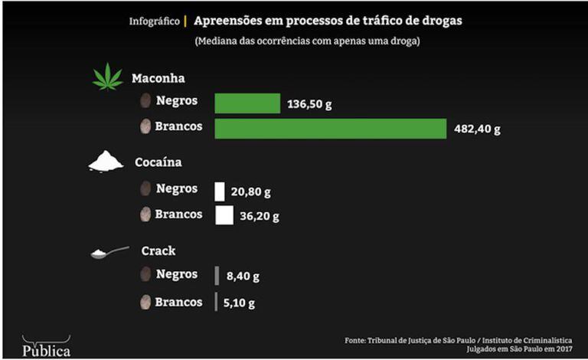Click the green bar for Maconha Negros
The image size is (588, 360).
(x=247, y=103)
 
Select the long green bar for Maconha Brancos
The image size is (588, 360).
(x=330, y=129)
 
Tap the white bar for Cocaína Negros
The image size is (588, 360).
(x=220, y=191)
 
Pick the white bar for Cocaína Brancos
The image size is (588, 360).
(x=224, y=215)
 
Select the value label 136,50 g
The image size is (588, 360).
(x=312, y=104)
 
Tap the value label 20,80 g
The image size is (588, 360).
(x=251, y=192)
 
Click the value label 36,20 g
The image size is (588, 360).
(x=260, y=216)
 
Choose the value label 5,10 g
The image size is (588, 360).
(x=239, y=303)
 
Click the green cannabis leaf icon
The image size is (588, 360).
(x=107, y=77)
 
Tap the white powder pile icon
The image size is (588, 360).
(x=106, y=161)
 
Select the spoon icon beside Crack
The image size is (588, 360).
(x=109, y=251)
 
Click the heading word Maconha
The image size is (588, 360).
(x=158, y=78)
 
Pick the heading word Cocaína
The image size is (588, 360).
(x=158, y=162)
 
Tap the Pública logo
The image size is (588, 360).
(x=46, y=348)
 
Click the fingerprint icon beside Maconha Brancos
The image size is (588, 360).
(x=145, y=127)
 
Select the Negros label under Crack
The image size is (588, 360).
(x=176, y=273)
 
